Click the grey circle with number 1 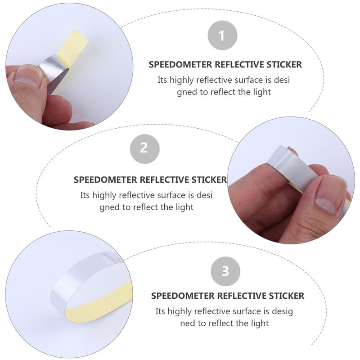(x=222, y=36)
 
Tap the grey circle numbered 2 (x=144, y=148)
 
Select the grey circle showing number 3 (x=225, y=271)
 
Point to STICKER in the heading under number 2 (x=209, y=180)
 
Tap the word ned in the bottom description (x=188, y=323)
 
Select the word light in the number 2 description (x=184, y=207)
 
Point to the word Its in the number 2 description (x=85, y=195)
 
